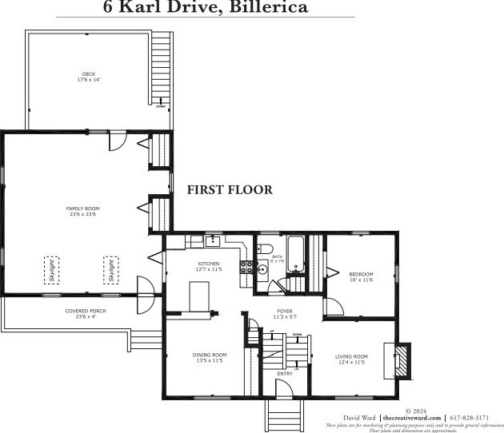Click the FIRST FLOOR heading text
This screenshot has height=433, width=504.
point(230,190)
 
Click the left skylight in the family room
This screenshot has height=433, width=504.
point(52,271)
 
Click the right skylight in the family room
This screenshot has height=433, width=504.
point(110,270)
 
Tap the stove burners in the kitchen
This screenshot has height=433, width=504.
point(248,268)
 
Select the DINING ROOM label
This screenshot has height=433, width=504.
point(209,357)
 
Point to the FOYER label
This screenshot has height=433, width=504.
point(286,312)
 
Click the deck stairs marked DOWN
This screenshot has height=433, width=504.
point(162,72)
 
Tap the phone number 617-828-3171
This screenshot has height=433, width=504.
point(473,417)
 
